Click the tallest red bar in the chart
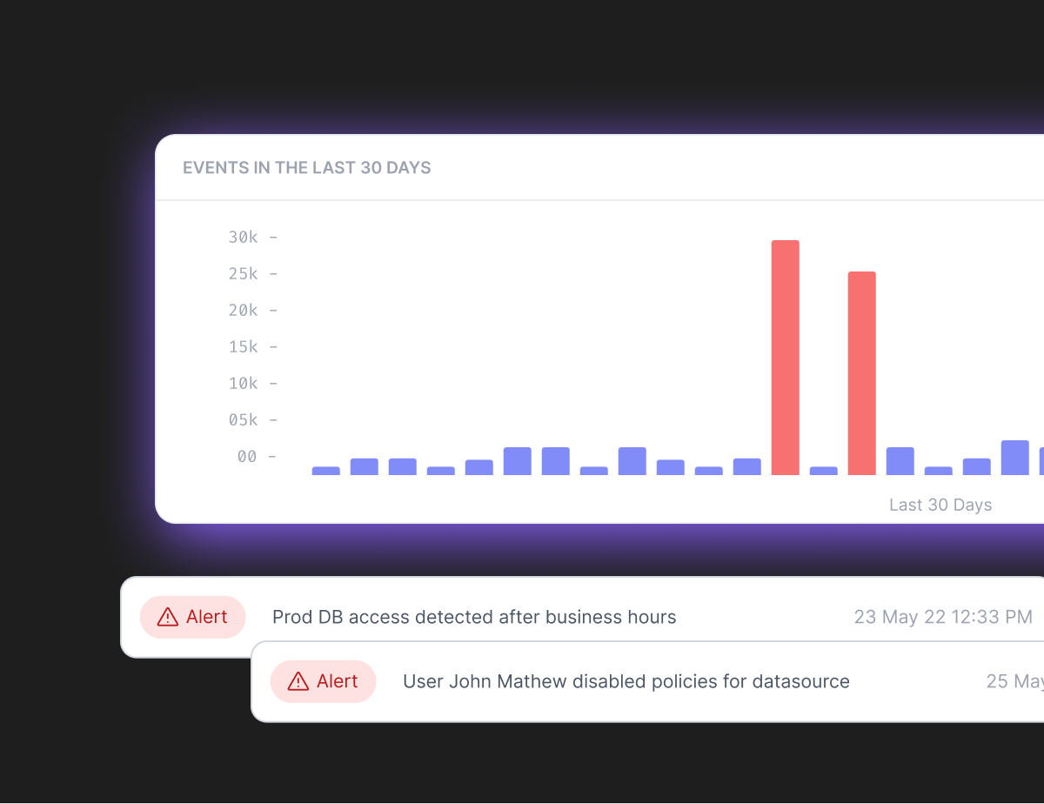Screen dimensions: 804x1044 [785, 357]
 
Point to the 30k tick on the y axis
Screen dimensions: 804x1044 [244, 238]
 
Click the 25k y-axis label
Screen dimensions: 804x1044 [244, 274]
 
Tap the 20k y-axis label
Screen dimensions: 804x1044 [244, 311]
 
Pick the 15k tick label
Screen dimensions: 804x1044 [244, 347]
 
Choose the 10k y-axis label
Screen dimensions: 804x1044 [244, 384]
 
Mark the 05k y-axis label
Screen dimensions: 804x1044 [244, 420]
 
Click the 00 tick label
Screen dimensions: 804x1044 [247, 457]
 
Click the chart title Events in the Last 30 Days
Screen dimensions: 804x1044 [306, 168]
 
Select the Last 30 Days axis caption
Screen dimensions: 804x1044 [940, 506]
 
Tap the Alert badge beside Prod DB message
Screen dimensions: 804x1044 [192, 617]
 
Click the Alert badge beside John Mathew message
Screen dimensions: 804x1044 [323, 681]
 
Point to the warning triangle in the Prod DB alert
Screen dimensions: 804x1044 [168, 617]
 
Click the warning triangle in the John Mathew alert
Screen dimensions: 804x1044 [298, 681]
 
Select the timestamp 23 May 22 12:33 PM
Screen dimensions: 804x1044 [943, 617]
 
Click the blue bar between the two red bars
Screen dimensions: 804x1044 [823, 471]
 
